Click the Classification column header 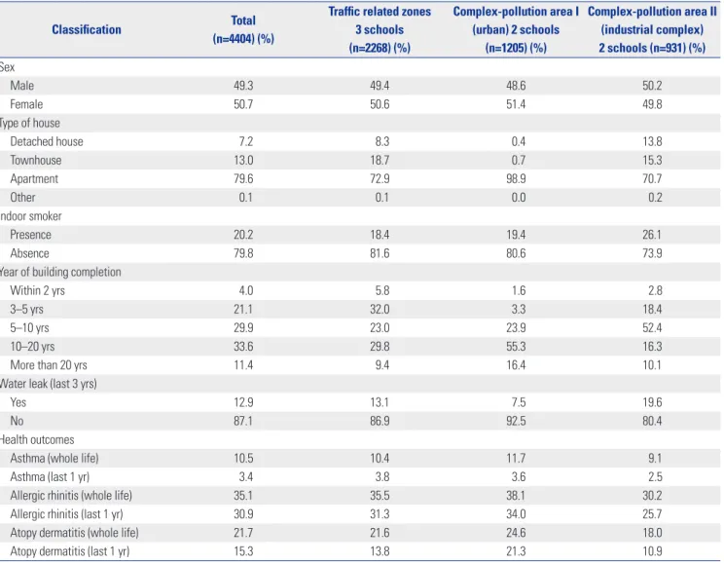(87, 29)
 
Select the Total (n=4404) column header (243, 29)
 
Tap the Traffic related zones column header (380, 29)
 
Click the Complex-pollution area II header (652, 29)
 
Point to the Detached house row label (47, 141)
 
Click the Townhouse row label (36, 160)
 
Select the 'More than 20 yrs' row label (49, 365)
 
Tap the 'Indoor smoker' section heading (30, 216)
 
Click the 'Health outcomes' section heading (37, 439)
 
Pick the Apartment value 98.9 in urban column (516, 179)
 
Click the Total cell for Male (243, 86)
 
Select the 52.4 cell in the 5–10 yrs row (652, 327)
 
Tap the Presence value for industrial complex (652, 235)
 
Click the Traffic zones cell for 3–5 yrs (380, 309)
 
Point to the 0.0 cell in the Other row (518, 198)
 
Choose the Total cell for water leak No (243, 421)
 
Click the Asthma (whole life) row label (54, 458)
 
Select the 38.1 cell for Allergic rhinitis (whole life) (516, 496)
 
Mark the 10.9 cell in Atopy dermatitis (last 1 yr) (652, 551)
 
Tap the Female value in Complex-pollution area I (516, 104)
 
